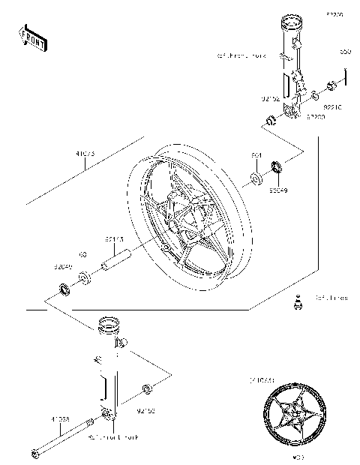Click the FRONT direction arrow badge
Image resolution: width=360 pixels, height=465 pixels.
click(x=34, y=37)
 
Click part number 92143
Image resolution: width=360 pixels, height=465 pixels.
click(x=115, y=239)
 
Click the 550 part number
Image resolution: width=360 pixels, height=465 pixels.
click(x=345, y=52)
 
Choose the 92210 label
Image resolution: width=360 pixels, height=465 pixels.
click(x=333, y=107)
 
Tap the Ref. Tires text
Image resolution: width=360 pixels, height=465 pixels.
click(x=331, y=298)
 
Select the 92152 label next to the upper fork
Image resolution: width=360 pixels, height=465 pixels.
click(x=270, y=97)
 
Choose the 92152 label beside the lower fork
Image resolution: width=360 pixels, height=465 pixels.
click(x=146, y=410)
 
